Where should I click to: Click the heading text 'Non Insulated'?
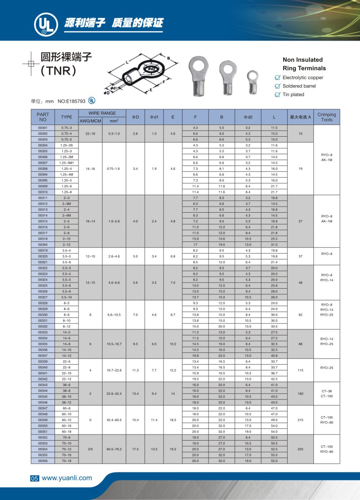coord(302,60)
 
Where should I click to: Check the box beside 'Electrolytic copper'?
coord(277,78)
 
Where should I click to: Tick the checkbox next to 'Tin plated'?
coord(277,95)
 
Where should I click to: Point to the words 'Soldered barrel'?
coord(299,86)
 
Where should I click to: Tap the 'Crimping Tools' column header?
coord(326,117)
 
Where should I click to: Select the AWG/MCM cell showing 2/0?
coord(90,449)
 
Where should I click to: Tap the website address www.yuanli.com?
coord(67,478)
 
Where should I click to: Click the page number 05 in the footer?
coord(34,479)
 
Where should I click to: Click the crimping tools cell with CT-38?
coord(326,391)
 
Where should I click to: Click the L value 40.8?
coord(274,355)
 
